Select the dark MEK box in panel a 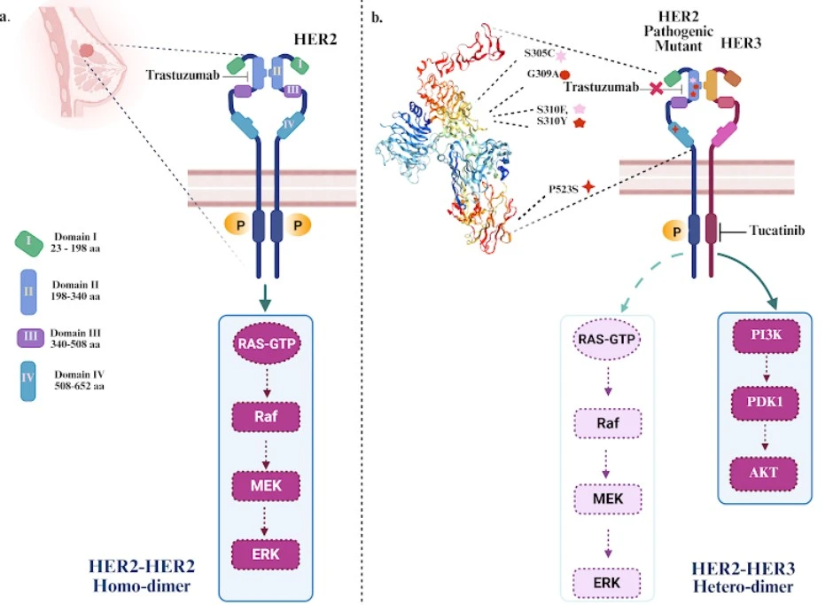(267, 484)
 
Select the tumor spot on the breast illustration (87, 52)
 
